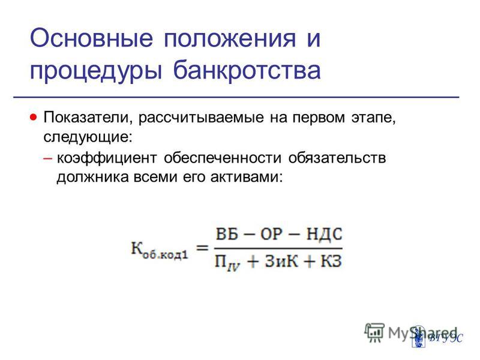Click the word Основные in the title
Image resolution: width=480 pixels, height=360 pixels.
click(91, 38)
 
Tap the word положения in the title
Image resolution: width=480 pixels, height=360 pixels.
click(230, 39)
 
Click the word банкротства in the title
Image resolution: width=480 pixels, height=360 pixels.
click(247, 69)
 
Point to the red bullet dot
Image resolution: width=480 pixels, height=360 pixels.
click(34, 117)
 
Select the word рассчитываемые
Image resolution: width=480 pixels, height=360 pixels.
click(201, 118)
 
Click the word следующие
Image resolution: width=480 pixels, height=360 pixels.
click(88, 137)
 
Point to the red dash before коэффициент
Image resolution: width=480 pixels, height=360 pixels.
click(48, 158)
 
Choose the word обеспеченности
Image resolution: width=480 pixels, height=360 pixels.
click(223, 158)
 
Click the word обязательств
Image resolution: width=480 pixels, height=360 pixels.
click(337, 158)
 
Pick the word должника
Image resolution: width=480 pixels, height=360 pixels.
click(92, 178)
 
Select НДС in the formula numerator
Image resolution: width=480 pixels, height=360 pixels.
click(324, 234)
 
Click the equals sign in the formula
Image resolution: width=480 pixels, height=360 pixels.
click(202, 247)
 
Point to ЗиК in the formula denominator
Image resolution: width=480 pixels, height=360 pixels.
click(281, 261)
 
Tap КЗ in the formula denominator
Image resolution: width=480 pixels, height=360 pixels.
click(331, 261)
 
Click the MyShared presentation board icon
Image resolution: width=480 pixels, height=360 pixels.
click(374, 332)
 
